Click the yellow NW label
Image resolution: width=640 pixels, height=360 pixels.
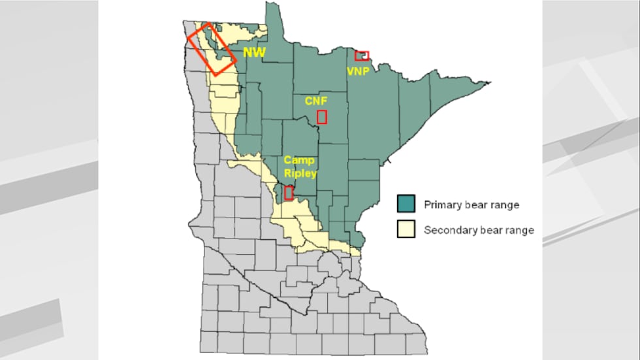[254, 52]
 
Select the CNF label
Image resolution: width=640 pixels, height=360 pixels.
[315, 101]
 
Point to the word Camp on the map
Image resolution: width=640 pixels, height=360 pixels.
[298, 161]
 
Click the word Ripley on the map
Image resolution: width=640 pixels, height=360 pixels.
[300, 173]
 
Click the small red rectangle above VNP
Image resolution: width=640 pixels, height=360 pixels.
[362, 56]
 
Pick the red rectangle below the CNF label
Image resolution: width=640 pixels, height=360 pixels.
[322, 117]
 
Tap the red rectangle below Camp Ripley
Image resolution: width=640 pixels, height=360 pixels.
[289, 193]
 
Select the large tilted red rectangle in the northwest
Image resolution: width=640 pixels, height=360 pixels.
[212, 49]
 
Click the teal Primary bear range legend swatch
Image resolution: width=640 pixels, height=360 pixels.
[406, 204]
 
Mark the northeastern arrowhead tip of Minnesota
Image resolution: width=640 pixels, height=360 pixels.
[488, 83]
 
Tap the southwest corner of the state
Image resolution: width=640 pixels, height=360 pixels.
[202, 351]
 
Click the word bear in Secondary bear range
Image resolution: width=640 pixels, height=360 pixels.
[491, 229]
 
